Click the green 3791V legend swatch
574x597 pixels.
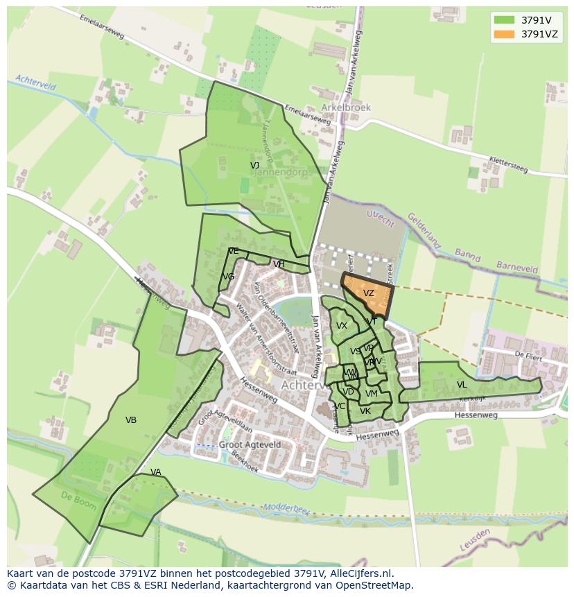point(504,20)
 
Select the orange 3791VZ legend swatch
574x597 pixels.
point(504,34)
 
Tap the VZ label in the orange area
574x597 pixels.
point(368,293)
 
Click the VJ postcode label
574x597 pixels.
point(254,165)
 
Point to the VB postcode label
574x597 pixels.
point(130,419)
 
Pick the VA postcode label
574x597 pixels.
point(155,472)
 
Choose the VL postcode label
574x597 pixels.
point(462,385)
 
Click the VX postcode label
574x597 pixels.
point(342,326)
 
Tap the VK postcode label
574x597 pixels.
point(365,411)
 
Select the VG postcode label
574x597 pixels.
point(228,277)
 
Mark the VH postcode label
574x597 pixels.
point(279,264)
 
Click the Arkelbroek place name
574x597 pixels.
point(346,107)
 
